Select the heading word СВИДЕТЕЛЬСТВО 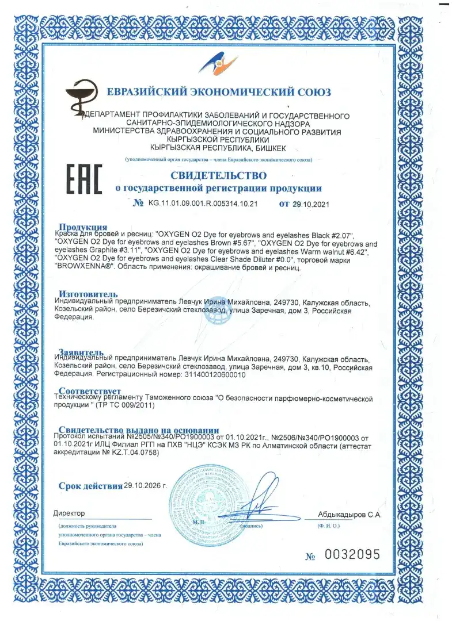tap(218, 174)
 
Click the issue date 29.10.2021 tap(313, 204)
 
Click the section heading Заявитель tap(81, 352)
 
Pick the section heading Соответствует tap(90, 392)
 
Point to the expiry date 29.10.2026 tap(146, 485)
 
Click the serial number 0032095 tap(352, 555)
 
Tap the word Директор tap(69, 513)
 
